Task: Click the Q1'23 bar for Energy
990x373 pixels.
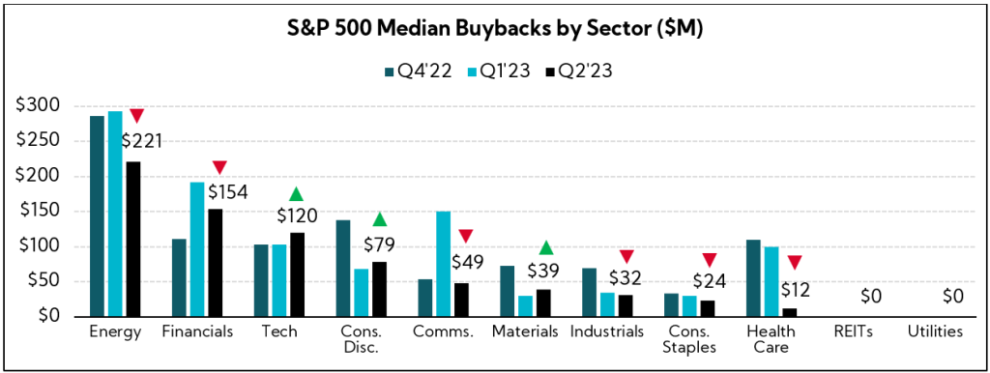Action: point(115,214)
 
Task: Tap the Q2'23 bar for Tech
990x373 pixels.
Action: point(296,274)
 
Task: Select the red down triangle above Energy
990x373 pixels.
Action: point(137,116)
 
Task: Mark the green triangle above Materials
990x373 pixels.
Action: point(546,248)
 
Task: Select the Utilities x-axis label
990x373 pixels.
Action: point(935,331)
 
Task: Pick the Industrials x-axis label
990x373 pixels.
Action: point(607,331)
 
